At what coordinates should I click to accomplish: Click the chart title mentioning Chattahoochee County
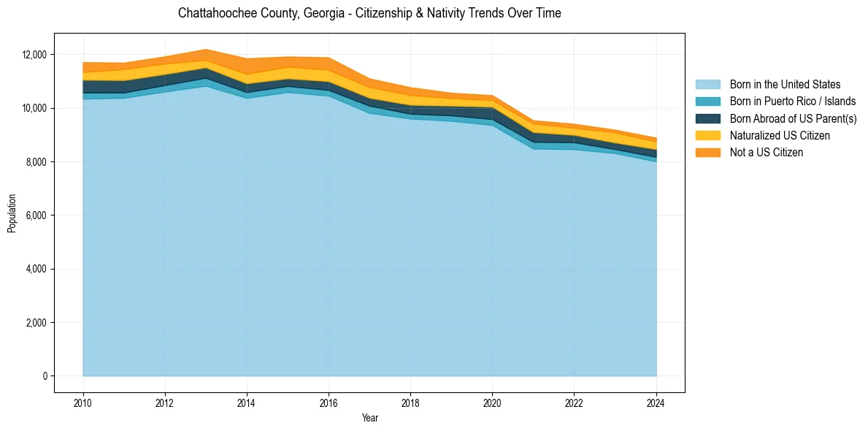(369, 13)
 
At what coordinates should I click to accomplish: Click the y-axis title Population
(12, 213)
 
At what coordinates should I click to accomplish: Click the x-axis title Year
(369, 418)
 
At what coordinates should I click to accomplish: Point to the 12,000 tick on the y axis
(34, 55)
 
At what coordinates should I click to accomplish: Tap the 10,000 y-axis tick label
(34, 108)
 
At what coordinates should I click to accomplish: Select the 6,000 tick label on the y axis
(37, 215)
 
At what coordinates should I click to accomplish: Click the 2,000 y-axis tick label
(37, 323)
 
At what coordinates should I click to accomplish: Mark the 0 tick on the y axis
(45, 376)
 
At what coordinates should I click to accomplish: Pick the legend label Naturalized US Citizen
(780, 135)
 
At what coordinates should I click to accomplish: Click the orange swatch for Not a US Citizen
(707, 152)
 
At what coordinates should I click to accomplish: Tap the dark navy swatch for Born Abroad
(707, 118)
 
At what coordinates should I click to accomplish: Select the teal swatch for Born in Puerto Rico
(707, 102)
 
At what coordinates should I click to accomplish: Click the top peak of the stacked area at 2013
(206, 49)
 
